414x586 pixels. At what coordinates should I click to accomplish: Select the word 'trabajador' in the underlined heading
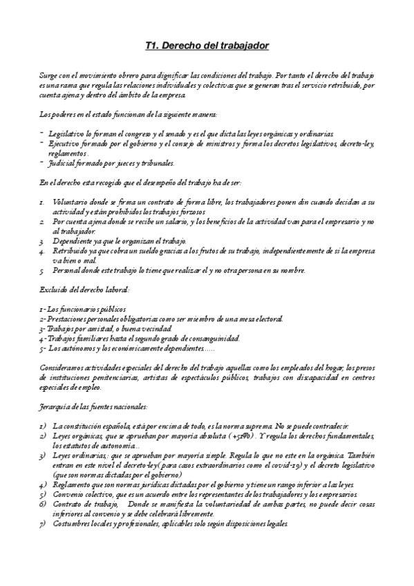point(242,46)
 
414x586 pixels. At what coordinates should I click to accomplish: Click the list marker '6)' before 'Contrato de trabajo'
point(43,504)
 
